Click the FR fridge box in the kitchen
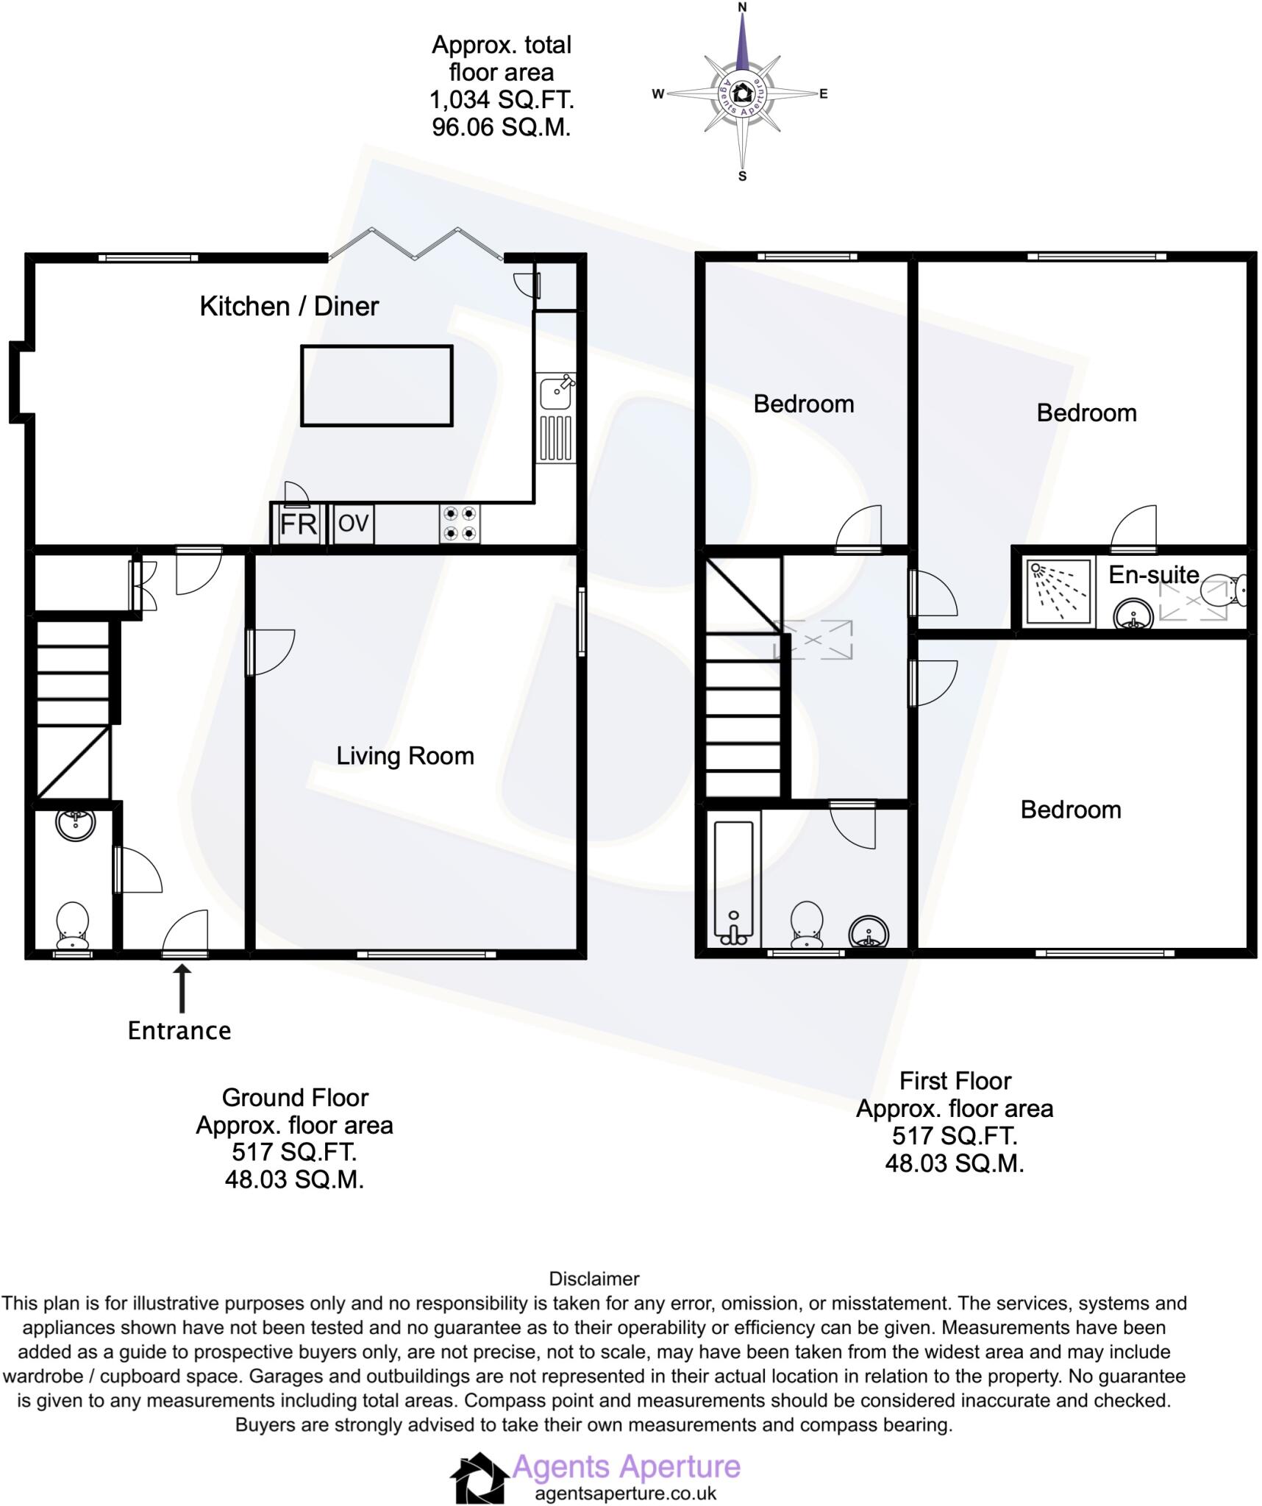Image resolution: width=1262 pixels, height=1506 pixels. tap(298, 524)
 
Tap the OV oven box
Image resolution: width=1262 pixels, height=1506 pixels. tap(353, 524)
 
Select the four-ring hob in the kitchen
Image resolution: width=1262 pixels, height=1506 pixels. tap(460, 524)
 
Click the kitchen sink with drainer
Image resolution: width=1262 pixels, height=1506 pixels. tap(556, 418)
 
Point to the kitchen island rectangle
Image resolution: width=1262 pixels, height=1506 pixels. tap(377, 385)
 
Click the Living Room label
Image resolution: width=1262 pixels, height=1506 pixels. tap(404, 756)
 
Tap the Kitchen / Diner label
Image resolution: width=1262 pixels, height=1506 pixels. tap(289, 306)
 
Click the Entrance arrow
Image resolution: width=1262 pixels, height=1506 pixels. tap(182, 988)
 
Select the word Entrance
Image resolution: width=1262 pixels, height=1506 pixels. tap(179, 1030)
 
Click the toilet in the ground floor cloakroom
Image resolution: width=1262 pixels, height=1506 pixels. tap(73, 925)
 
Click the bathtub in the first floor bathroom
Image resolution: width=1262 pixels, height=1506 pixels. tap(733, 883)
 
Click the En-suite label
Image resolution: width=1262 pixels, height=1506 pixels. tap(1153, 574)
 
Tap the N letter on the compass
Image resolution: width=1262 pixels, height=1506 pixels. tap(742, 7)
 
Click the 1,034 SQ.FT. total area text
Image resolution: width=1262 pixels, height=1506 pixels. tap(502, 100)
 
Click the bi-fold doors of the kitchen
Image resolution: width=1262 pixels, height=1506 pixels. tap(416, 244)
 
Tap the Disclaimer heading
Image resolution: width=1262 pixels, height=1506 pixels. tap(594, 1278)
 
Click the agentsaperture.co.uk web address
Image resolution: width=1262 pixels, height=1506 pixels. tap(625, 1493)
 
